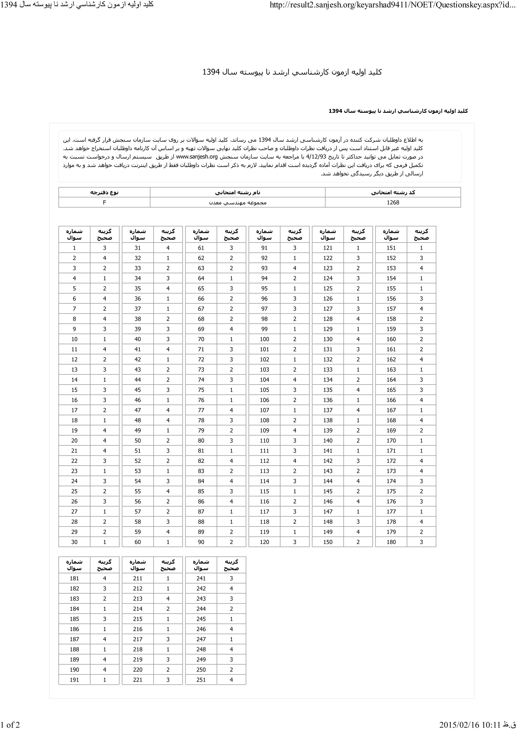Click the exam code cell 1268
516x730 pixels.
pyautogui.click(x=393, y=203)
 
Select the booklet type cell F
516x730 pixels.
pyautogui.click(x=104, y=203)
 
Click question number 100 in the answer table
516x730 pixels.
pyautogui.click(x=264, y=339)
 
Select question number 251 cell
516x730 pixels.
pyautogui.click(x=201, y=680)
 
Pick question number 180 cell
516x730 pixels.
pyautogui.click(x=391, y=542)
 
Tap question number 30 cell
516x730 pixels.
pyautogui.click(x=74, y=542)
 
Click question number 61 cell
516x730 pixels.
pyautogui.click(x=201, y=248)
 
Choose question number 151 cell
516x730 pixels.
pyautogui.click(x=391, y=248)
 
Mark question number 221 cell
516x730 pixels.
pyautogui.click(x=137, y=680)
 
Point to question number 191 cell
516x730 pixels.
pyautogui.click(x=74, y=680)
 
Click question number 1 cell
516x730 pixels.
pyautogui.click(x=74, y=248)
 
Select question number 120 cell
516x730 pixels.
pyautogui.click(x=264, y=542)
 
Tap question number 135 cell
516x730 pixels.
pyautogui.click(x=327, y=390)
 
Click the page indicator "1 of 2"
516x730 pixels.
pyautogui.click(x=10, y=725)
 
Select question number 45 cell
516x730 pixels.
pyautogui.click(x=137, y=390)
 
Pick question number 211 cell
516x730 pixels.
pyautogui.click(x=137, y=578)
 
